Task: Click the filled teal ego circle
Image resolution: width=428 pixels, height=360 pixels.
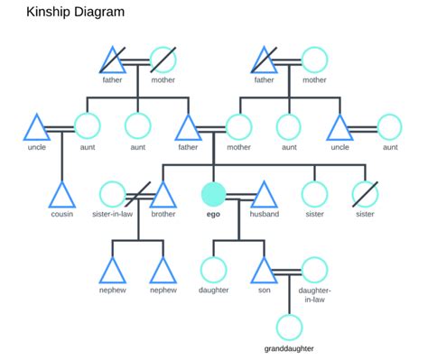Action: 213,194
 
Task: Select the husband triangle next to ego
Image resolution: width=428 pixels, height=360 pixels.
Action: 264,195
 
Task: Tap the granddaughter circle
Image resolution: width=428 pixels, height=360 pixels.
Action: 289,328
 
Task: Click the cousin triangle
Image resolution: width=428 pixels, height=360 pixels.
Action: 61,195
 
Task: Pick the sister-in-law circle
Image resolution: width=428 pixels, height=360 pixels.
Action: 112,194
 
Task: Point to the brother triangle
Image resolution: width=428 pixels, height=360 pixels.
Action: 163,195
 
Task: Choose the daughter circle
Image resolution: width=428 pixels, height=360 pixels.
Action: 213,270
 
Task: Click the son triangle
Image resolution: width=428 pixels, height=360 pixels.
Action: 264,271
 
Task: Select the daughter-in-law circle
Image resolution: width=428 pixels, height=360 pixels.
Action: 314,270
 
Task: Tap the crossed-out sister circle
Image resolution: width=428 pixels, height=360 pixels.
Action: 365,194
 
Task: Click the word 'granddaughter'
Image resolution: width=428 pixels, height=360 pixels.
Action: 289,347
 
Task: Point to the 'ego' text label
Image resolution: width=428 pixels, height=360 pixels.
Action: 213,215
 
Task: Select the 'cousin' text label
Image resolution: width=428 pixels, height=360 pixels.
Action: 61,215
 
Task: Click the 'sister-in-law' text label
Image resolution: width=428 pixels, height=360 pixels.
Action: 112,215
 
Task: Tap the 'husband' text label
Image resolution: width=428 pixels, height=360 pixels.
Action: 264,215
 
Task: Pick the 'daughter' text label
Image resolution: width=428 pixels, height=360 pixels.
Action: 213,291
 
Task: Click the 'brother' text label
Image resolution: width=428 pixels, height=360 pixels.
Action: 163,215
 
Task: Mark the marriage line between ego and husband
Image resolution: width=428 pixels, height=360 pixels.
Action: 238,194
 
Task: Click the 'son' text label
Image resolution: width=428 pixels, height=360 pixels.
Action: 264,291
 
